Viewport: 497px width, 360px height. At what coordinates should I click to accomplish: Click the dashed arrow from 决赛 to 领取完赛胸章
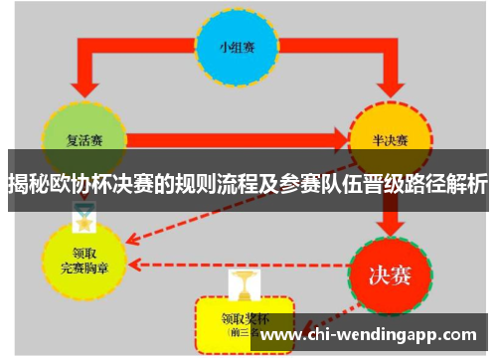coord(239,265)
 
